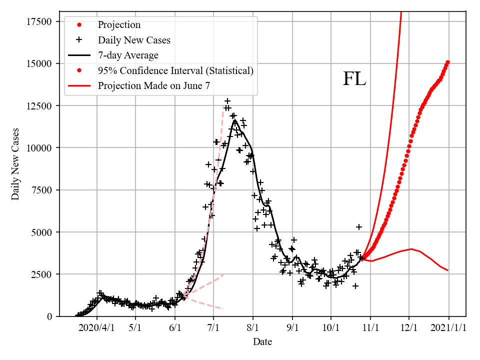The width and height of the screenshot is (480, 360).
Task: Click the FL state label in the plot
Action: pos(354,79)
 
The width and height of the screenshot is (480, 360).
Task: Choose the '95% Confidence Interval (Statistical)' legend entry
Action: pos(175,70)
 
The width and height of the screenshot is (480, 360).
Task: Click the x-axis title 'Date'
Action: pos(262,342)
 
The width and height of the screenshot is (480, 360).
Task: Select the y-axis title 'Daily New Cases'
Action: pos(15,163)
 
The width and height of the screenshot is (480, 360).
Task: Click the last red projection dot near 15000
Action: pos(448,62)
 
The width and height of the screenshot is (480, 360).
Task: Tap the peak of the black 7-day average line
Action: pos(234,120)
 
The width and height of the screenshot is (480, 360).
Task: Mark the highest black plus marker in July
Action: pos(227,101)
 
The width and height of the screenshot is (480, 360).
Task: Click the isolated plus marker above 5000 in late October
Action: pos(359,227)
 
